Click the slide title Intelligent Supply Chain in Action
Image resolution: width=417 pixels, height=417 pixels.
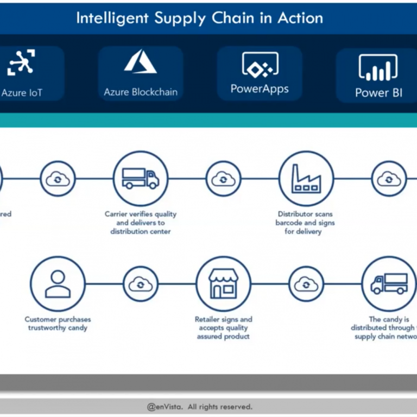tap(199, 18)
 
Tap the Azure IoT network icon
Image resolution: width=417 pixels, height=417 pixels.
tap(21, 62)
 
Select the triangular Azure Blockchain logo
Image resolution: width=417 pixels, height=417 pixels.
tap(140, 61)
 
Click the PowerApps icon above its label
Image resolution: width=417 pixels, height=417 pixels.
tap(260, 65)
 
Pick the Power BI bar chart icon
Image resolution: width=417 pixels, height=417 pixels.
tap(378, 68)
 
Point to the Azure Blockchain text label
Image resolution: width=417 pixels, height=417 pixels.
tap(141, 92)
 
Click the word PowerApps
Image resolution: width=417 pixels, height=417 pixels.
tap(260, 89)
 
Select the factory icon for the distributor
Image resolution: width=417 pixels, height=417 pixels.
tap(306, 179)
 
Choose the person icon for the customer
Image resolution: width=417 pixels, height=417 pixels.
tap(58, 284)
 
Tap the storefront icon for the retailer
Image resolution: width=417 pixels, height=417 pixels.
tap(223, 284)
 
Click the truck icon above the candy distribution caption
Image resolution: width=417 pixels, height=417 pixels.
tap(389, 283)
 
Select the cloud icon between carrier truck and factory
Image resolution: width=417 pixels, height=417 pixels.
tap(223, 179)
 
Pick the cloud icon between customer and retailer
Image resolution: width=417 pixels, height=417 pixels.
tap(140, 284)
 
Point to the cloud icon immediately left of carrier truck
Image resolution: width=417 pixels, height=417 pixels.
tap(58, 179)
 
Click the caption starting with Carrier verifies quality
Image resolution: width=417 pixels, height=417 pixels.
tap(141, 223)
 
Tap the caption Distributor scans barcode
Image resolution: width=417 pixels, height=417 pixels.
tap(305, 223)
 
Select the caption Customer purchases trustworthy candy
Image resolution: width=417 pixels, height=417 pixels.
tap(58, 324)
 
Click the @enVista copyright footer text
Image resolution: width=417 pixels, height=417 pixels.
tap(199, 406)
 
